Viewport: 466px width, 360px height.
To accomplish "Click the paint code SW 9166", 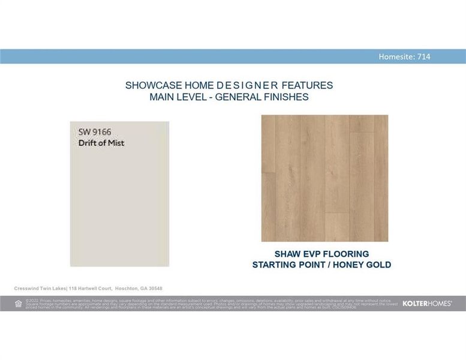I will point(95,131).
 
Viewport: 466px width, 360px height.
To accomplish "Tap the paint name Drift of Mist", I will point(101,143).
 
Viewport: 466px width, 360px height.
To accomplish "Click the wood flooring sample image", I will point(324,178).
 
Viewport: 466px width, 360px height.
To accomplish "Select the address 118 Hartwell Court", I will point(90,289).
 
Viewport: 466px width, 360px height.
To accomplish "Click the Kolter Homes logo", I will point(427,304).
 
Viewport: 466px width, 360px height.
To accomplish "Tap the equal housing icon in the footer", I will point(18,304).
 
